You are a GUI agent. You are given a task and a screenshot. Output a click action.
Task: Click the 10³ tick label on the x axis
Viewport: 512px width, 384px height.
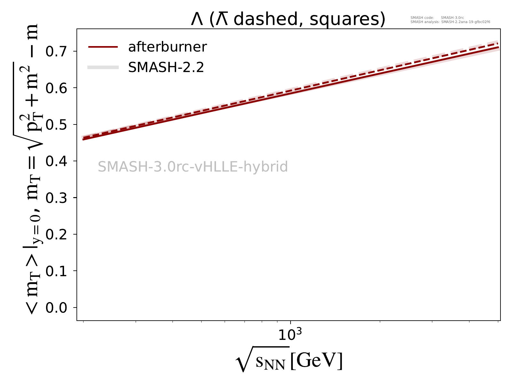pos(290,334)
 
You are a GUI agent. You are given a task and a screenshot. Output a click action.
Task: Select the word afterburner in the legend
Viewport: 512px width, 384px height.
pos(167,47)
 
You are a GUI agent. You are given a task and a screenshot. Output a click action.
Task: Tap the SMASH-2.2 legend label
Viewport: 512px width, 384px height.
pos(166,67)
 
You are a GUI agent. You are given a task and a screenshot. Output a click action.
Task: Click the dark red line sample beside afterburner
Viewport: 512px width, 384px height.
pos(103,47)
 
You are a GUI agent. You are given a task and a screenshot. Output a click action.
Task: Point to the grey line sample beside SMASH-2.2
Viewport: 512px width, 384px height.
pos(103,67)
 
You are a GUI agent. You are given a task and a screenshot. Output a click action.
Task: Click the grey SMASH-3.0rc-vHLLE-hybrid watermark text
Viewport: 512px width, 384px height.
pos(193,167)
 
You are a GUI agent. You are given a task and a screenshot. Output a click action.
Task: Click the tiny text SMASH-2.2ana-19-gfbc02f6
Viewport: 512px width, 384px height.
pos(466,22)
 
